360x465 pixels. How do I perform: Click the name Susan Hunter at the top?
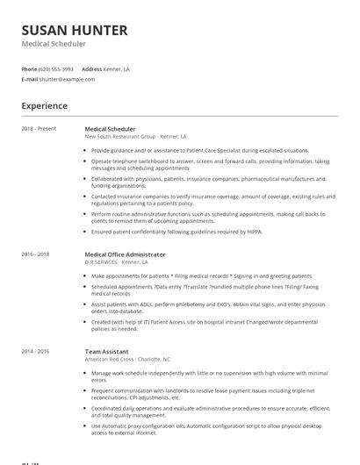(x=75, y=30)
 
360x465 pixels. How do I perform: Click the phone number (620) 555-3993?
(x=56, y=68)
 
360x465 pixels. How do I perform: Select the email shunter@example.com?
(x=67, y=79)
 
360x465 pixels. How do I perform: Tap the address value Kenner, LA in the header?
(x=118, y=68)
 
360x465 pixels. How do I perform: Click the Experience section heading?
(x=45, y=106)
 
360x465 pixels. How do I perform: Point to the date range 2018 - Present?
(x=39, y=129)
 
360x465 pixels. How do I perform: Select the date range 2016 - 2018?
(x=35, y=254)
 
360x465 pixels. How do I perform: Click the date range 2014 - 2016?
(x=35, y=351)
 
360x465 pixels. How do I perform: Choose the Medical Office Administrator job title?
(x=125, y=254)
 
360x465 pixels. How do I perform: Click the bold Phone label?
(x=29, y=68)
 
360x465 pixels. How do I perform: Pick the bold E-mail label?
(x=30, y=79)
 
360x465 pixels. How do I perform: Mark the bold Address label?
(x=92, y=68)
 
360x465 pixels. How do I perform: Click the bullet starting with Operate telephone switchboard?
(x=211, y=164)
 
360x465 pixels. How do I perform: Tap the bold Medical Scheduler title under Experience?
(x=110, y=129)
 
